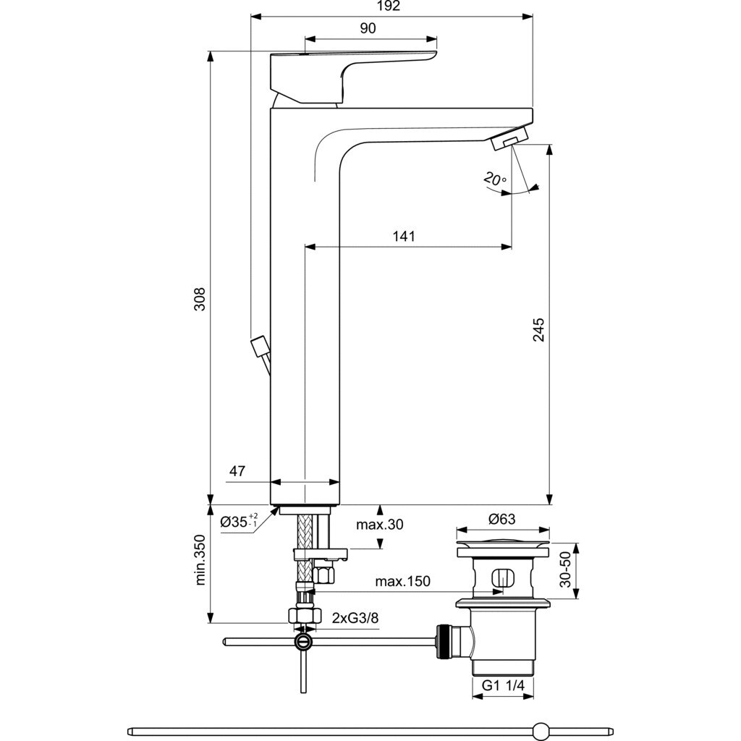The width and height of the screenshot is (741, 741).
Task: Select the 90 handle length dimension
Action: (368, 28)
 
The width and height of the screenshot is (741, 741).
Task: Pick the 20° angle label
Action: (496, 179)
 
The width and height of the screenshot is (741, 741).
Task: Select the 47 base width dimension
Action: (237, 471)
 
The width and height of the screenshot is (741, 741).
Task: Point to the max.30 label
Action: (379, 525)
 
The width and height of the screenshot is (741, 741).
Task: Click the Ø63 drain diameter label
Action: (501, 519)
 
